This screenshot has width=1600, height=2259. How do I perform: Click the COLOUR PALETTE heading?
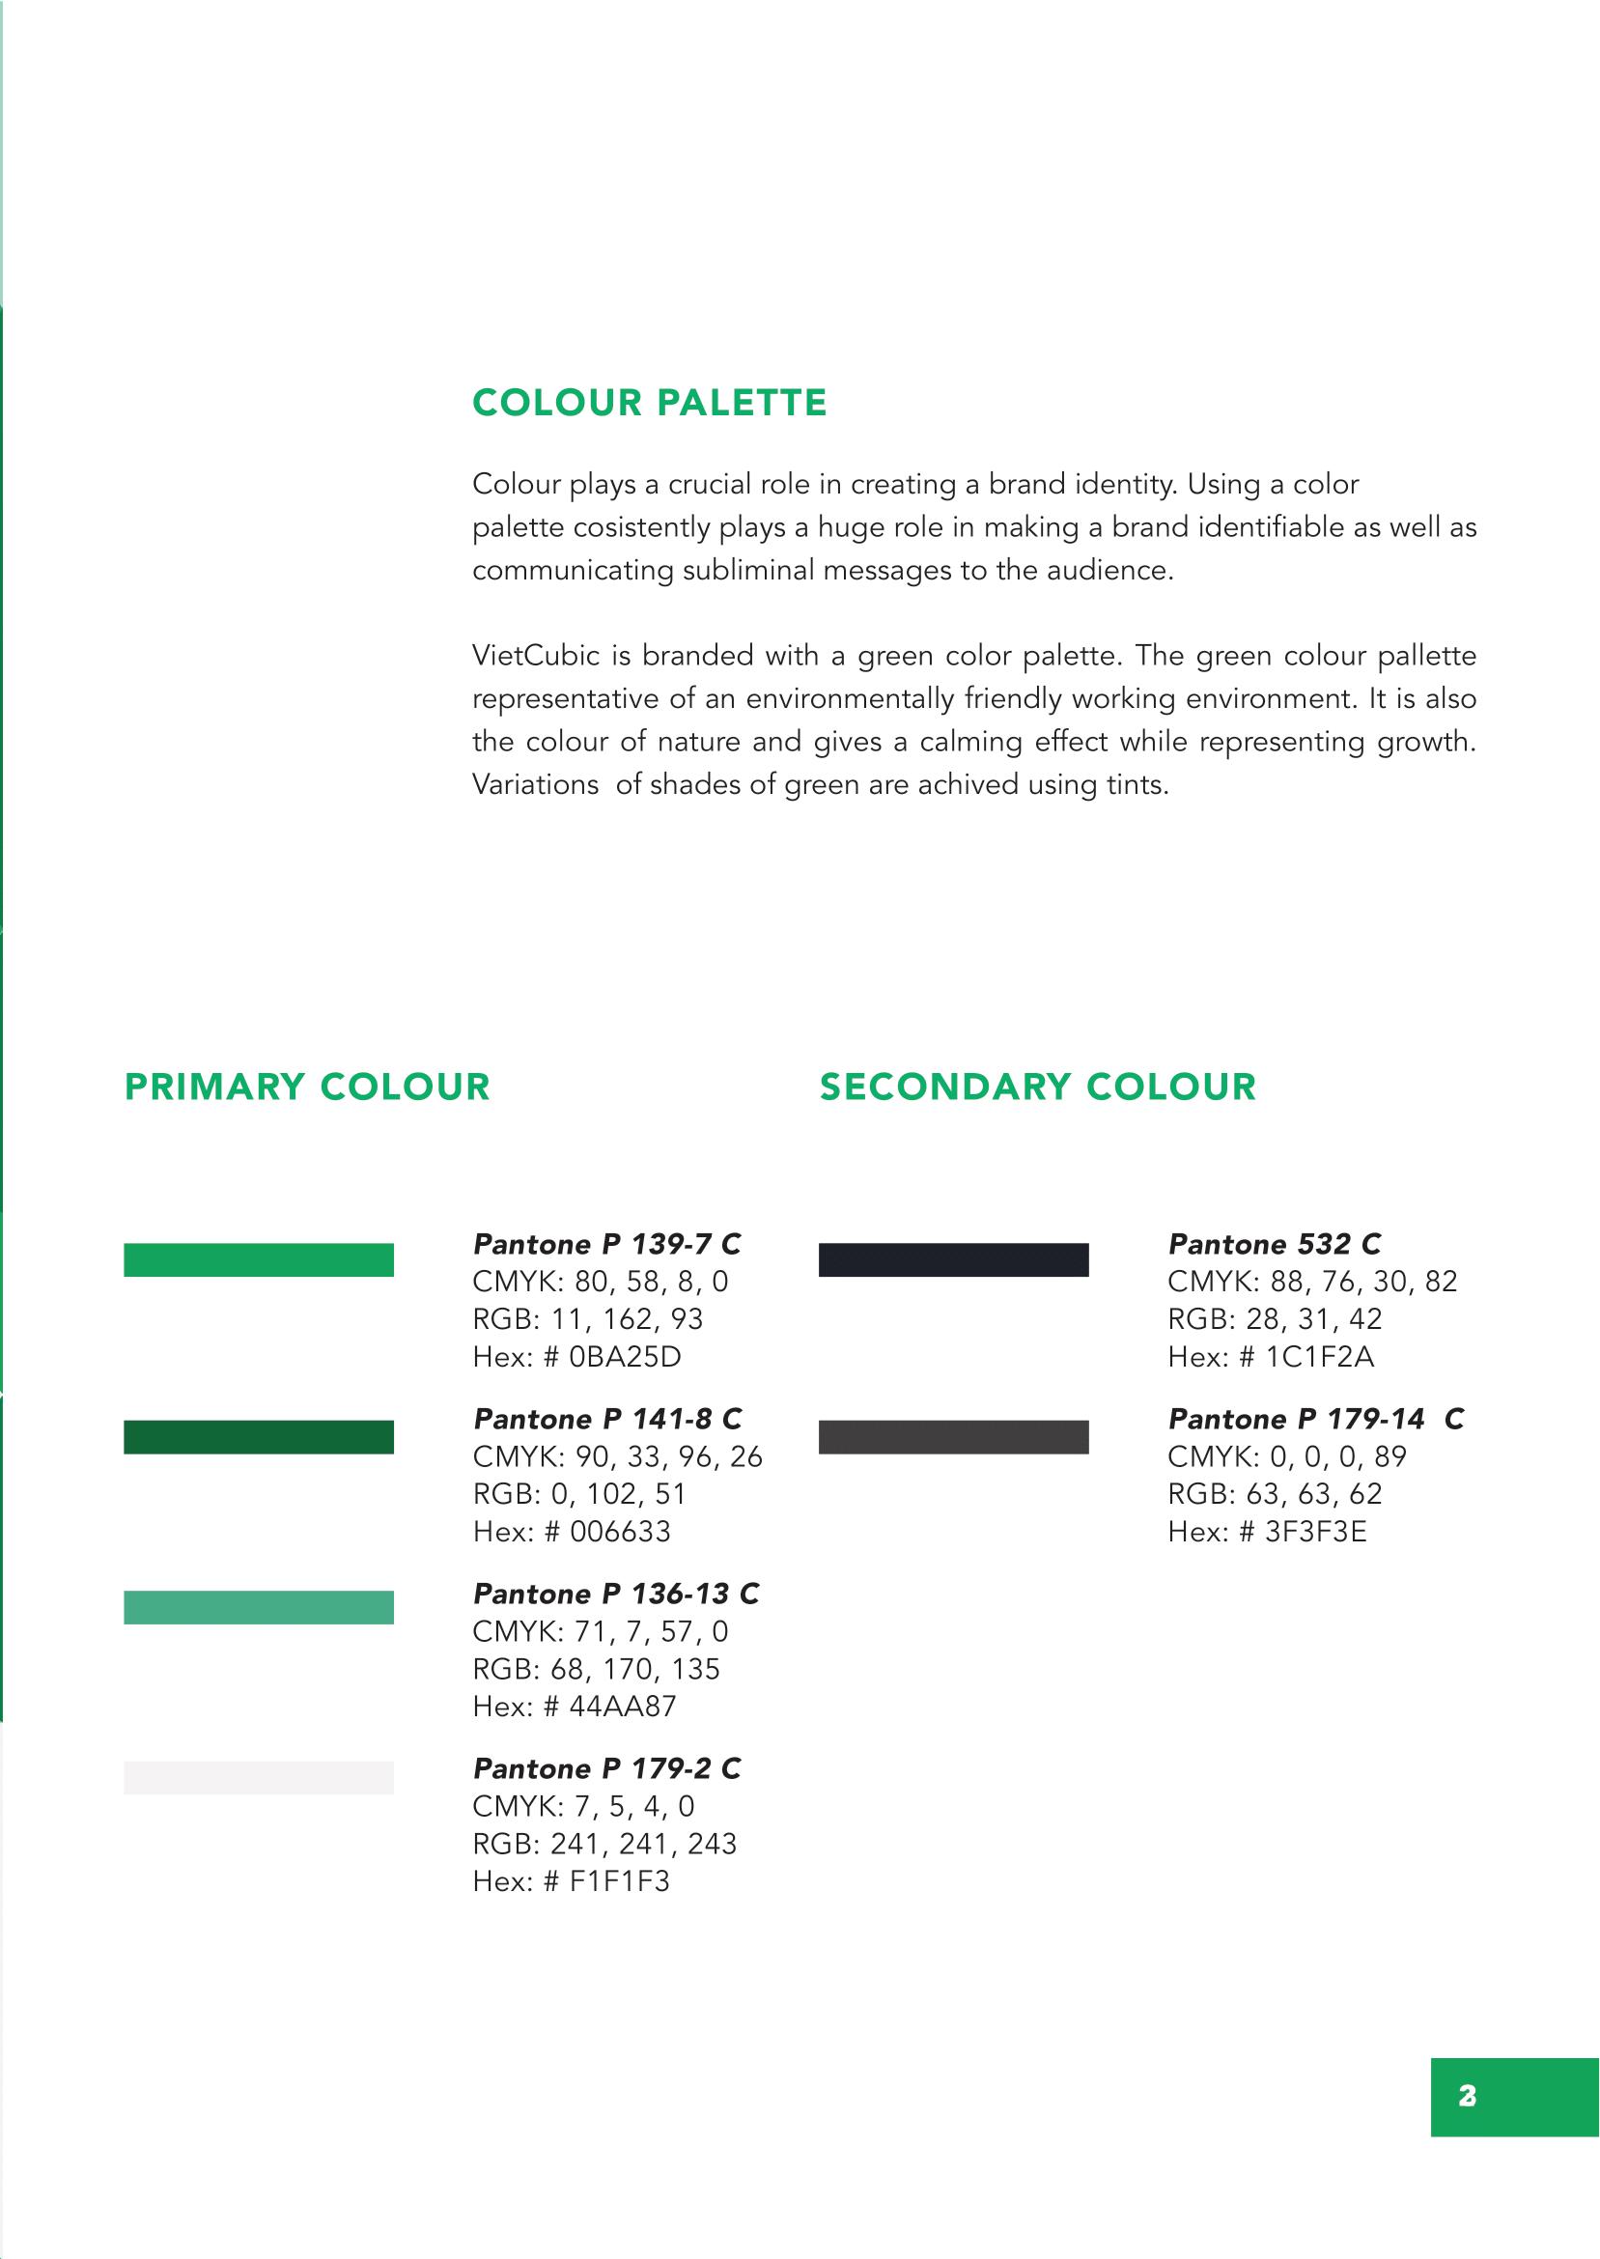[649, 403]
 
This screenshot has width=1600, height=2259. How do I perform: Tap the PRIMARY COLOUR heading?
[307, 1087]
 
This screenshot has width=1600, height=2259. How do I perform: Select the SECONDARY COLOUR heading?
[1037, 1087]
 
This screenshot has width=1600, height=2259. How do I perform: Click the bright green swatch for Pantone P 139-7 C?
[258, 1260]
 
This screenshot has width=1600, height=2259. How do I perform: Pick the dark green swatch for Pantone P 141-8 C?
[258, 1437]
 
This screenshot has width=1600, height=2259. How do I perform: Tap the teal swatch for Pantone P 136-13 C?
[258, 1607]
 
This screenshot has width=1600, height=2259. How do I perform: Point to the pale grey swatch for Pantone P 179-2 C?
[258, 1777]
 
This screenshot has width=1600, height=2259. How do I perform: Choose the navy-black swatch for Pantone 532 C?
[953, 1260]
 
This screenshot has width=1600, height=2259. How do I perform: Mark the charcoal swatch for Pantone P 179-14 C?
[953, 1437]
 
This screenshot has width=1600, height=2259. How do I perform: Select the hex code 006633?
[620, 1532]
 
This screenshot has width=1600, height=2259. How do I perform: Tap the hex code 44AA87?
[623, 1707]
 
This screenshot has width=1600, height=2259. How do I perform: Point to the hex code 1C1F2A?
[1319, 1358]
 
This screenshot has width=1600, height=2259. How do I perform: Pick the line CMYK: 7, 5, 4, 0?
[583, 1806]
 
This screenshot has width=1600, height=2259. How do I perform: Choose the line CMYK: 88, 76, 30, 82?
[1312, 1282]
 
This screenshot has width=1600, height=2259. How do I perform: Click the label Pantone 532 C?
[1275, 1244]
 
